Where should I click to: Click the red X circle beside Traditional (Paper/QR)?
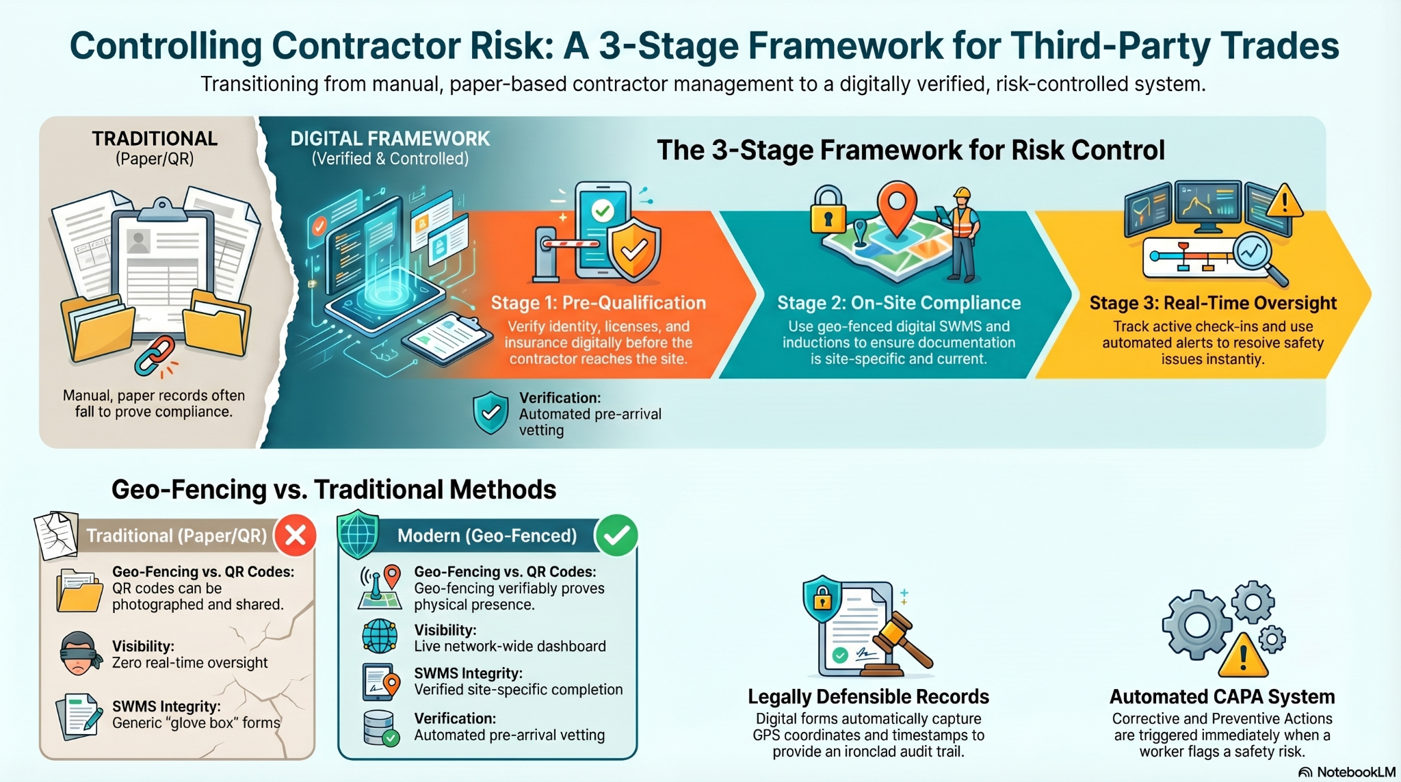296,535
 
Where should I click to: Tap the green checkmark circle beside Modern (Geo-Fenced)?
616,535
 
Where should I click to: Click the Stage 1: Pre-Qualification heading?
598,303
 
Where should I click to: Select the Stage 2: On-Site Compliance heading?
899,303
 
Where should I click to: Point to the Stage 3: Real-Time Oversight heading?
1213,303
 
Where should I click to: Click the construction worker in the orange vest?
963,233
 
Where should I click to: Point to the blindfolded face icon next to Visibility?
80,653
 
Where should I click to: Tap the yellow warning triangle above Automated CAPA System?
1243,655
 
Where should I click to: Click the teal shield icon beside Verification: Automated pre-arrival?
490,413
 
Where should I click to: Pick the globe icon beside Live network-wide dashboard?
380,637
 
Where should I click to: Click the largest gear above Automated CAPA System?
1197,625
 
